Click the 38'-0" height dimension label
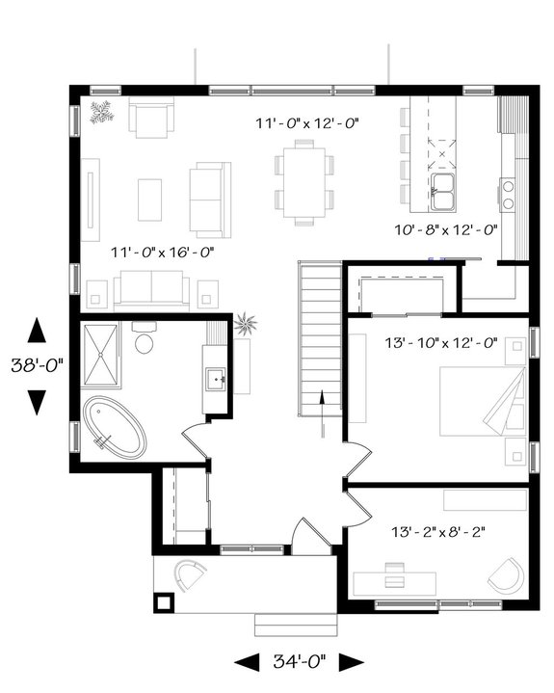(x=37, y=366)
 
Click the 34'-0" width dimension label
(x=300, y=661)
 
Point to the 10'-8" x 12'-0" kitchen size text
(x=446, y=230)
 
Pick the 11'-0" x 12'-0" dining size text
(x=306, y=123)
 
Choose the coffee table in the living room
(x=149, y=200)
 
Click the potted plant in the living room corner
(x=101, y=113)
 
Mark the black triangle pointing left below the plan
(x=249, y=661)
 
